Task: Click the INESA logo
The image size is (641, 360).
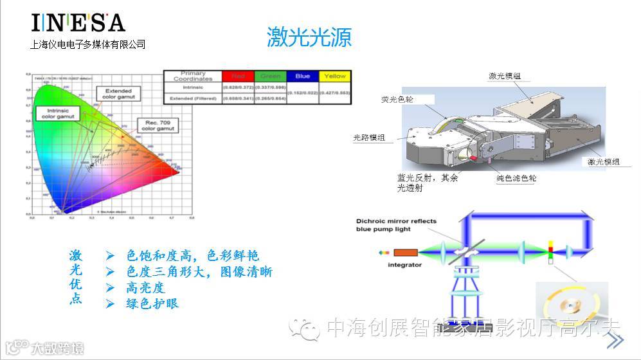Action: (x=78, y=22)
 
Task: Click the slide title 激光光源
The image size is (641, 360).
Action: (x=309, y=37)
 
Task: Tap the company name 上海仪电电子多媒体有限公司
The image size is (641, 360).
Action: (x=88, y=44)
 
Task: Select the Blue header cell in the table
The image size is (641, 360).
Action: (x=302, y=76)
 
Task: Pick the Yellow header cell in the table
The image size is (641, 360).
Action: (x=335, y=76)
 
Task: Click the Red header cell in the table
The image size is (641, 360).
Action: (x=237, y=76)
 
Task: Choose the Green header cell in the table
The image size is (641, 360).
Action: (x=270, y=76)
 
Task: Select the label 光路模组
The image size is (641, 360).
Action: (x=372, y=137)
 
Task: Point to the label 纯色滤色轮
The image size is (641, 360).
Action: (x=516, y=178)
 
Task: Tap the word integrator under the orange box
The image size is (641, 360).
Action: (x=404, y=265)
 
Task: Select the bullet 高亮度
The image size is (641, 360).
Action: (x=146, y=287)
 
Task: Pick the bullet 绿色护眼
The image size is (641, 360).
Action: (x=152, y=303)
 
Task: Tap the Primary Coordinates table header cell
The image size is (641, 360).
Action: (x=193, y=76)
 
